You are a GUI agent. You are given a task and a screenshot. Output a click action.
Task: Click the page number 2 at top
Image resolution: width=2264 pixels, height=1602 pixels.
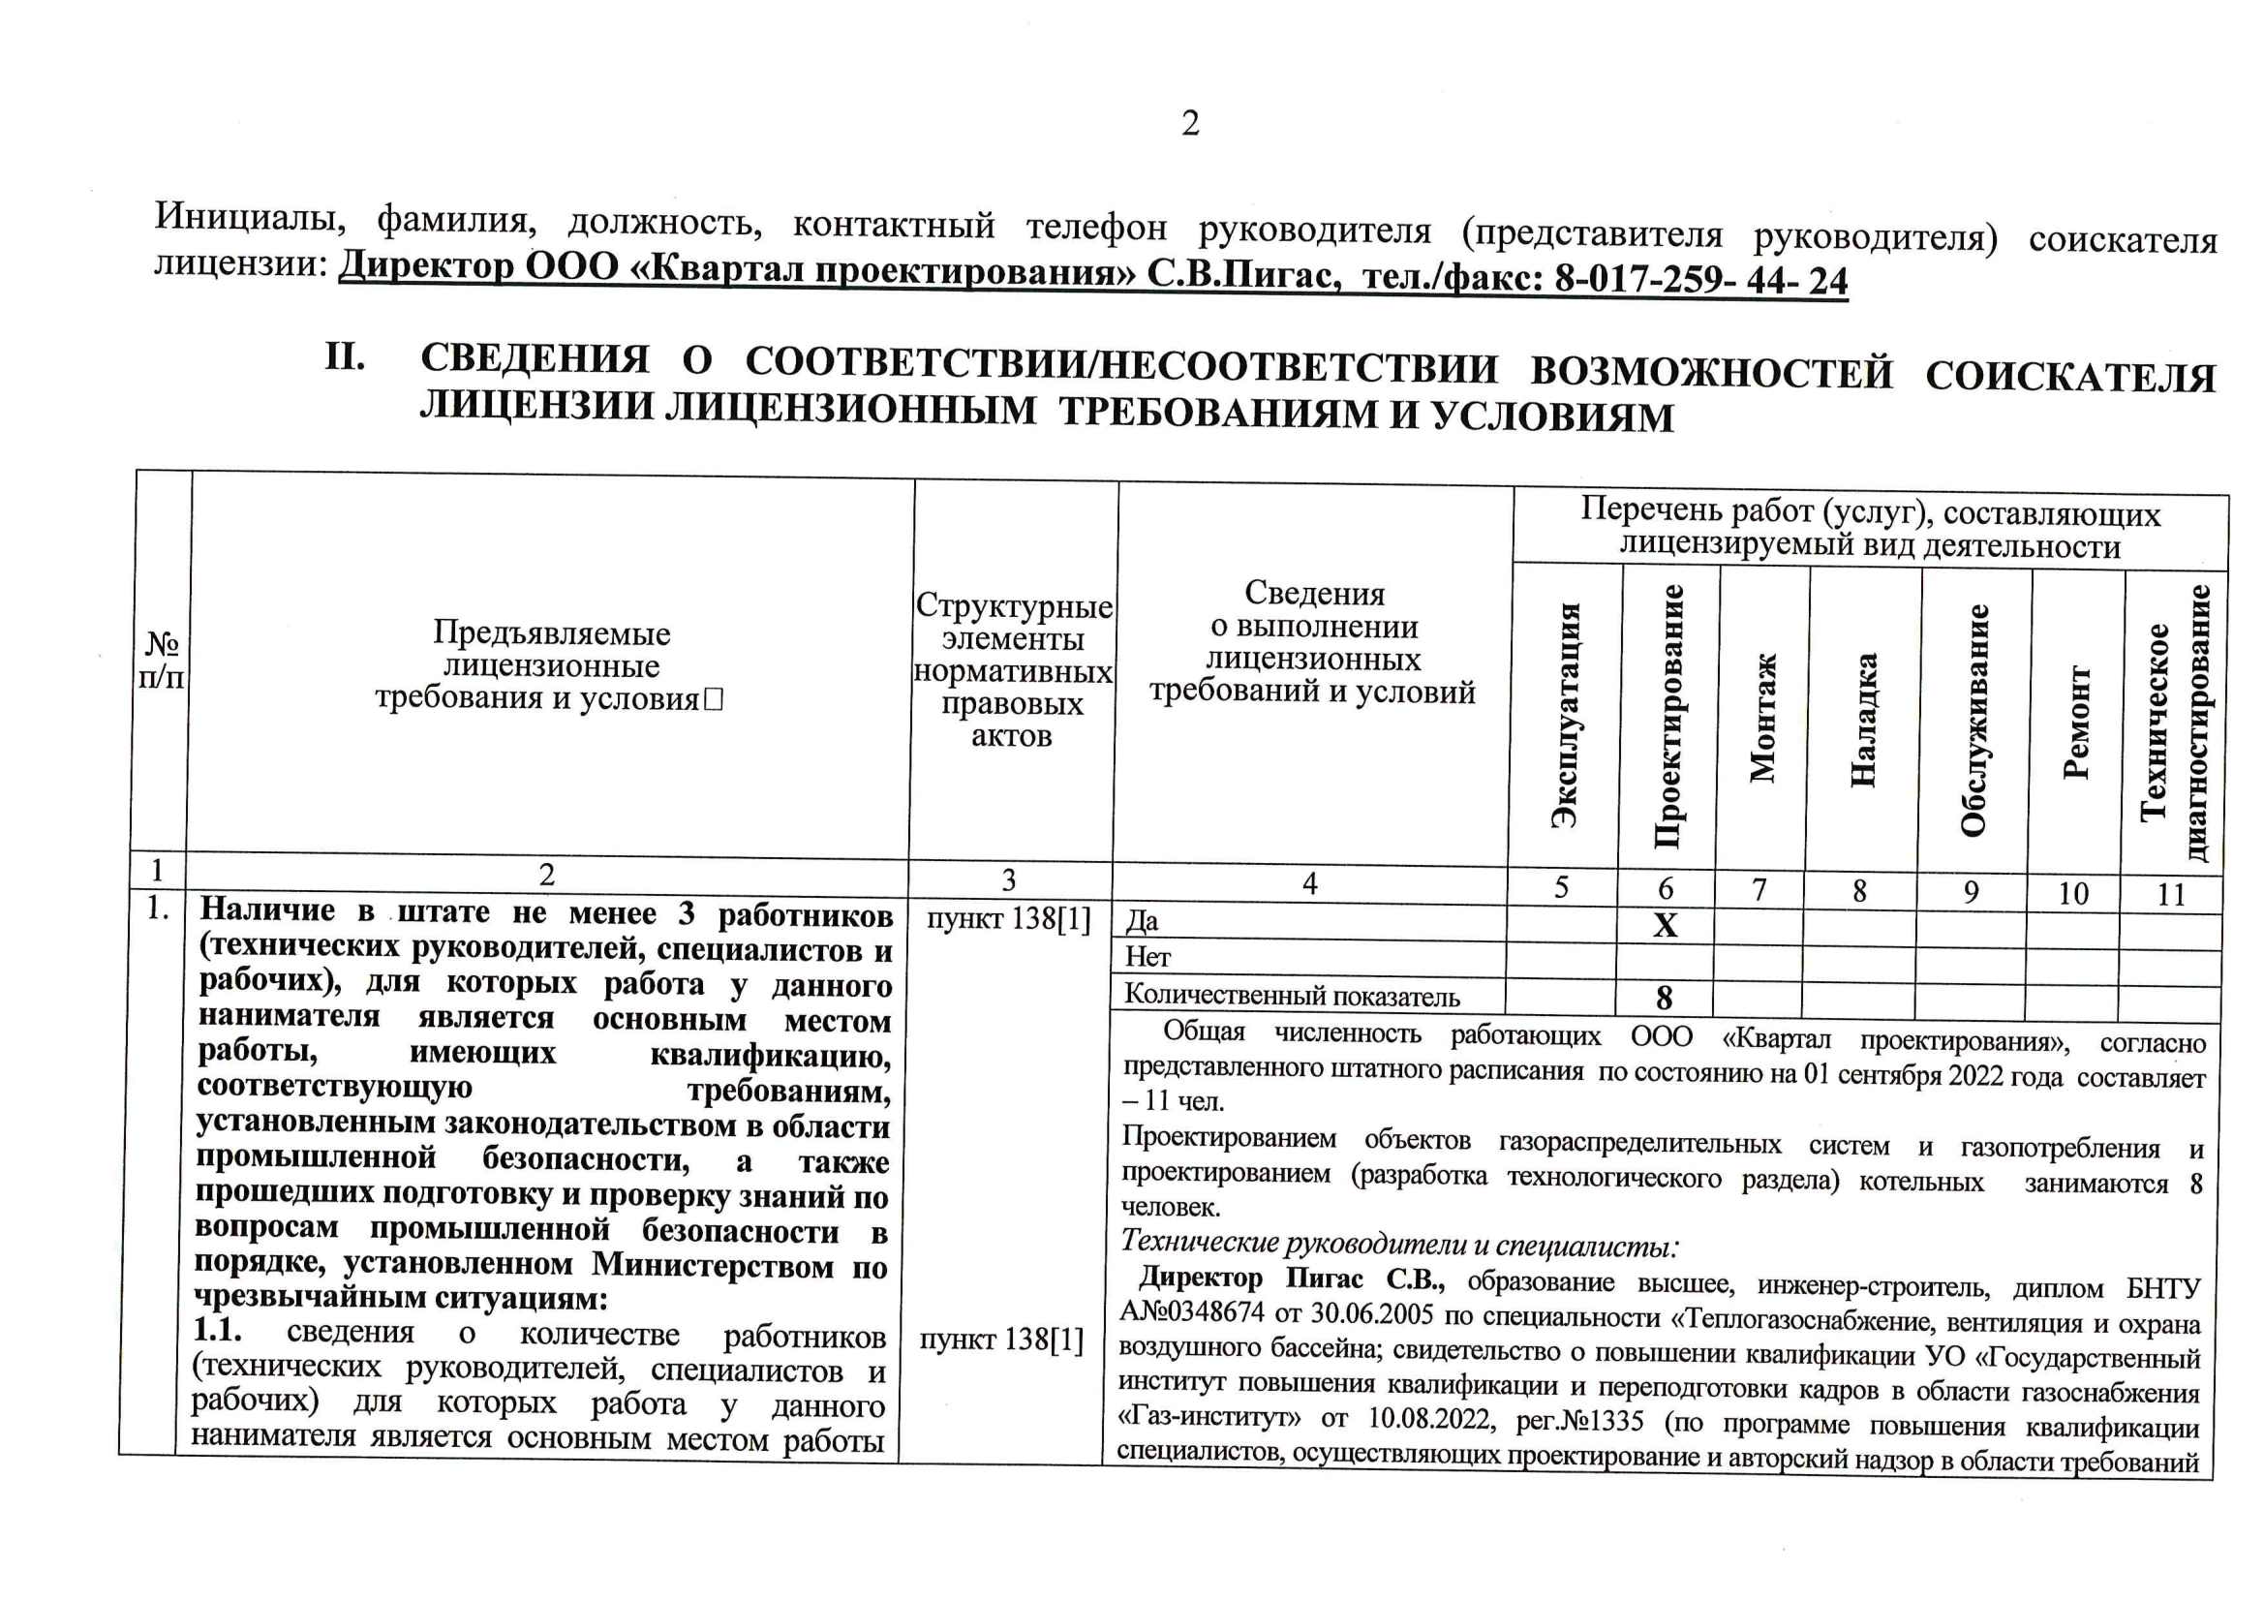[x=1190, y=123]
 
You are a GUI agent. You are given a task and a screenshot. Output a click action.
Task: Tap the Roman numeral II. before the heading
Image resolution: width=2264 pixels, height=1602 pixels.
[x=345, y=356]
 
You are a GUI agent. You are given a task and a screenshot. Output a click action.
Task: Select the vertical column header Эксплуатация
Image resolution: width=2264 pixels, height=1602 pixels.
[x=1566, y=714]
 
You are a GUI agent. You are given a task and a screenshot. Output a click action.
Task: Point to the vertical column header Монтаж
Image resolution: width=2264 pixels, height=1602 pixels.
[x=1762, y=717]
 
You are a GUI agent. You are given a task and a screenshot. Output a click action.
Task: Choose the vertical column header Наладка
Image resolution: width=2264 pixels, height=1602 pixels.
[x=1863, y=719]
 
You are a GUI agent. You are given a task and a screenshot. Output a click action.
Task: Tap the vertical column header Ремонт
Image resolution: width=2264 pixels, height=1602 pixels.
[x=2076, y=724]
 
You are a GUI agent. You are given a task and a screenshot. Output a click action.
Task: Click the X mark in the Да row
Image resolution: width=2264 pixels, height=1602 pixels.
[x=1666, y=925]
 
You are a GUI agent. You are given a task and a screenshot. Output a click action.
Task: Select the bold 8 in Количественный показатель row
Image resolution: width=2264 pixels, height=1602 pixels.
[x=1665, y=998]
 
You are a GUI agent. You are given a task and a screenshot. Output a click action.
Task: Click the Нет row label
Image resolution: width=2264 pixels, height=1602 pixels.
[x=1147, y=956]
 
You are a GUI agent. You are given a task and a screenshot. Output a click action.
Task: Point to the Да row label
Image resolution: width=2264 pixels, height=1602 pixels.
[x=1142, y=920]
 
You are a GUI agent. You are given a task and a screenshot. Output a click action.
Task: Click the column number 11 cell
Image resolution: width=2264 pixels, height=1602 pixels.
[x=2171, y=895]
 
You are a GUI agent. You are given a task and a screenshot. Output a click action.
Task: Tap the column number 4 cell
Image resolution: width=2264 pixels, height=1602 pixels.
[x=1309, y=884]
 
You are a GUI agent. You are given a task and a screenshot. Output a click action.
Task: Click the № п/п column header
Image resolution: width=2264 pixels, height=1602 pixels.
[x=162, y=661]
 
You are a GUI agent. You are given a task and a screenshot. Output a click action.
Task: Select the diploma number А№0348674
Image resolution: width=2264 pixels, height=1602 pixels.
[x=1191, y=1314]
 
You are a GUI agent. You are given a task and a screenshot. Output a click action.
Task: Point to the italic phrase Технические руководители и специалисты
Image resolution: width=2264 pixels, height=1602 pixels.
[x=1398, y=1245]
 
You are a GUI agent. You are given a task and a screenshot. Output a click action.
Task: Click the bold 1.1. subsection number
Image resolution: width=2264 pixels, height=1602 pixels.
[x=218, y=1330]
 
